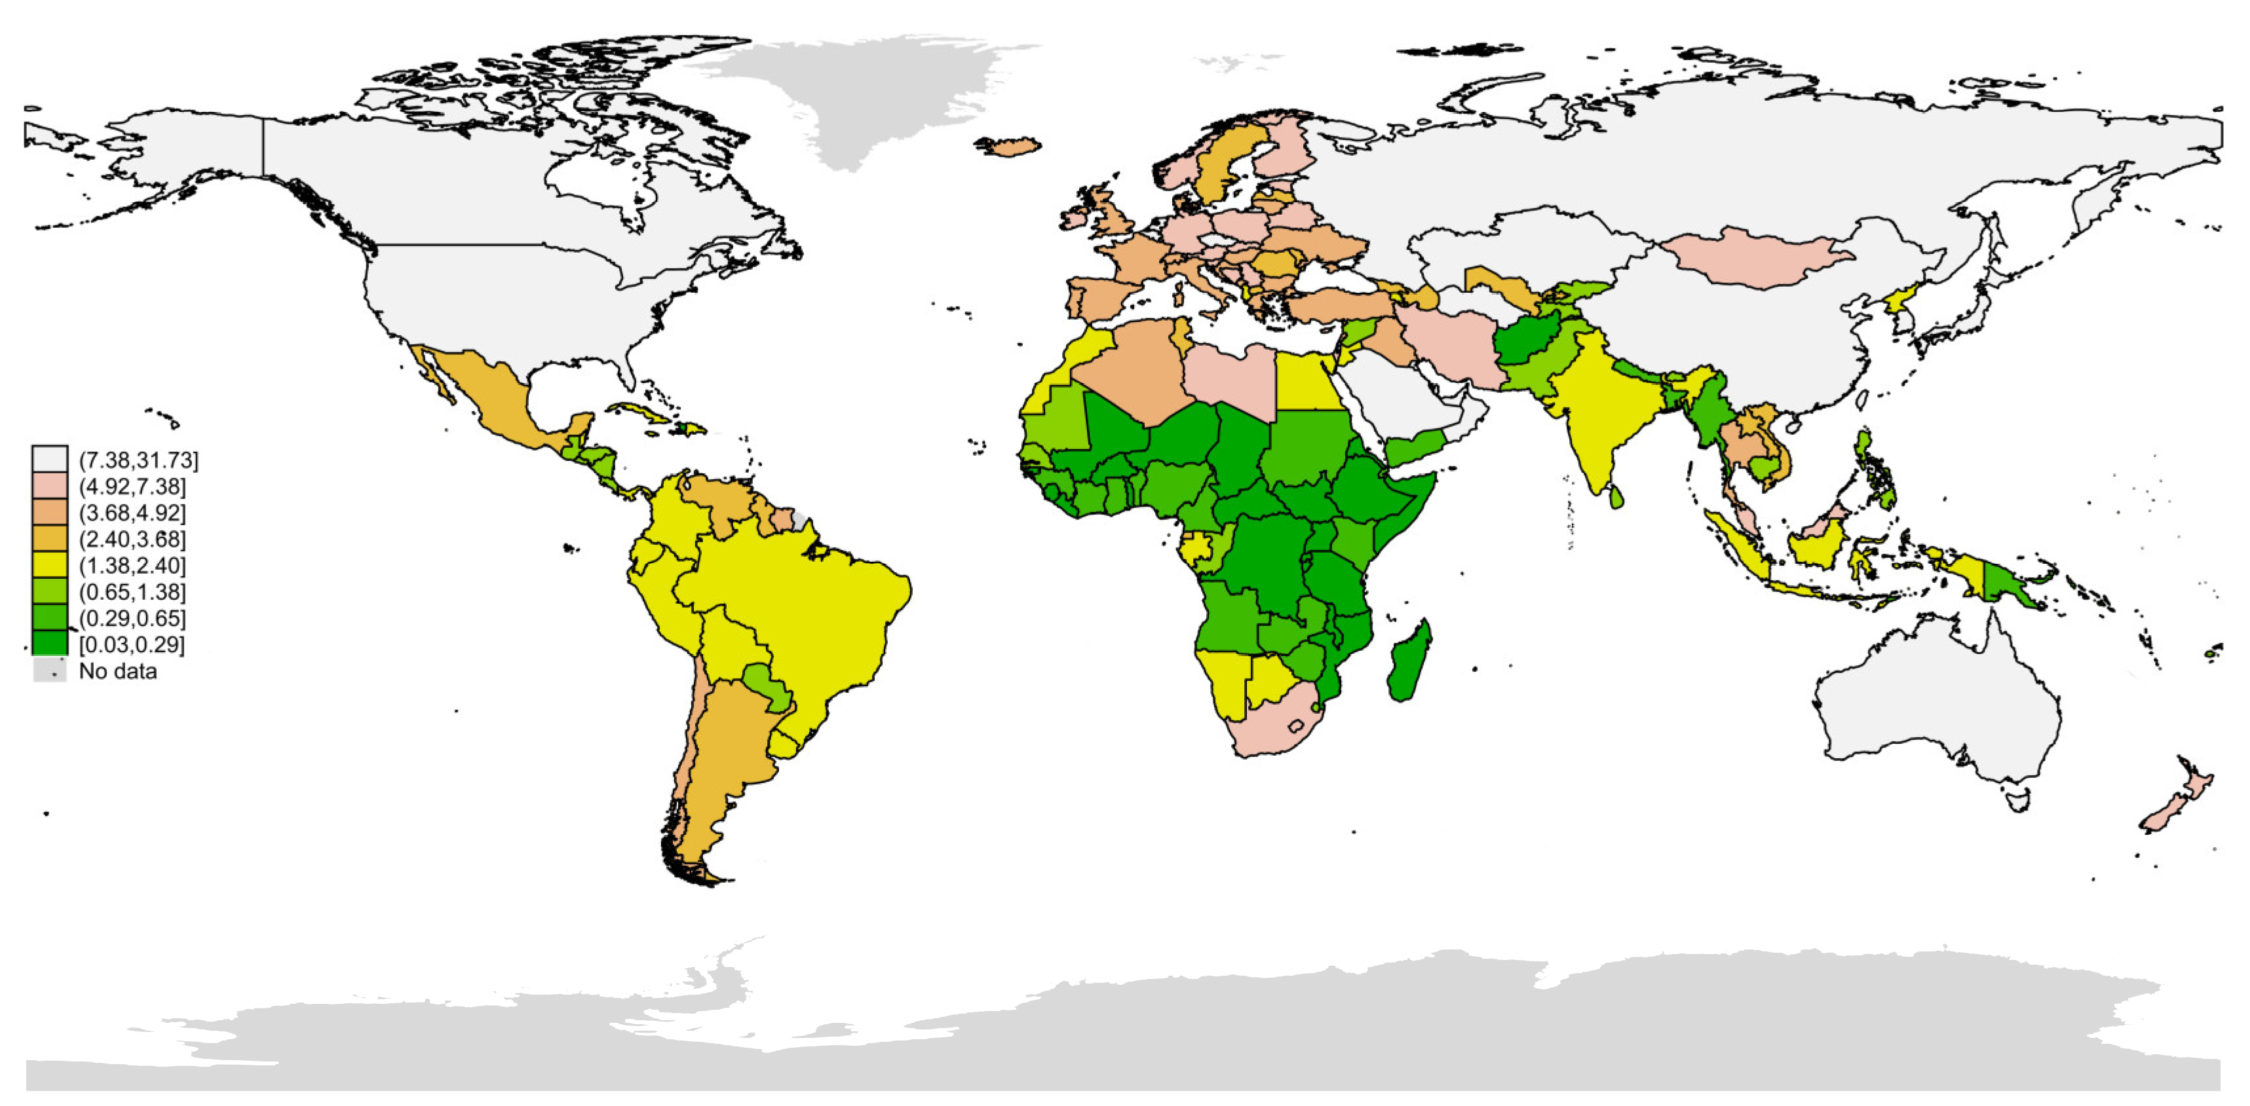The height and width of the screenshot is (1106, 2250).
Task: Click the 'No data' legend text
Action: (118, 671)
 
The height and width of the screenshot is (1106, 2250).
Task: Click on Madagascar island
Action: (1409, 661)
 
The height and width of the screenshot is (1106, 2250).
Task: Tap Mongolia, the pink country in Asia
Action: (1755, 257)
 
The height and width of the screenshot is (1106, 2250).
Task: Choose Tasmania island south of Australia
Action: (2019, 800)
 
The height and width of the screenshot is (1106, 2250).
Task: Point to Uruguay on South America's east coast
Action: (784, 745)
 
